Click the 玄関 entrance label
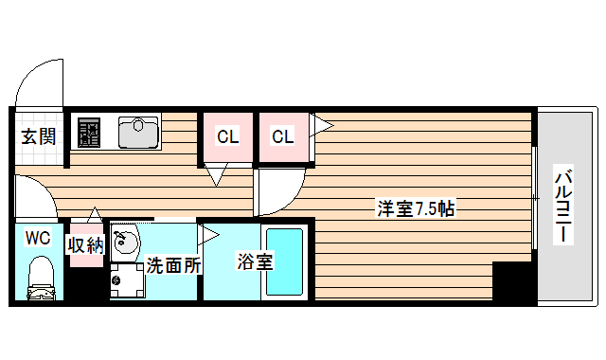39,135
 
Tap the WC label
38,236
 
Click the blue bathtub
283,261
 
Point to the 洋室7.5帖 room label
416,208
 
